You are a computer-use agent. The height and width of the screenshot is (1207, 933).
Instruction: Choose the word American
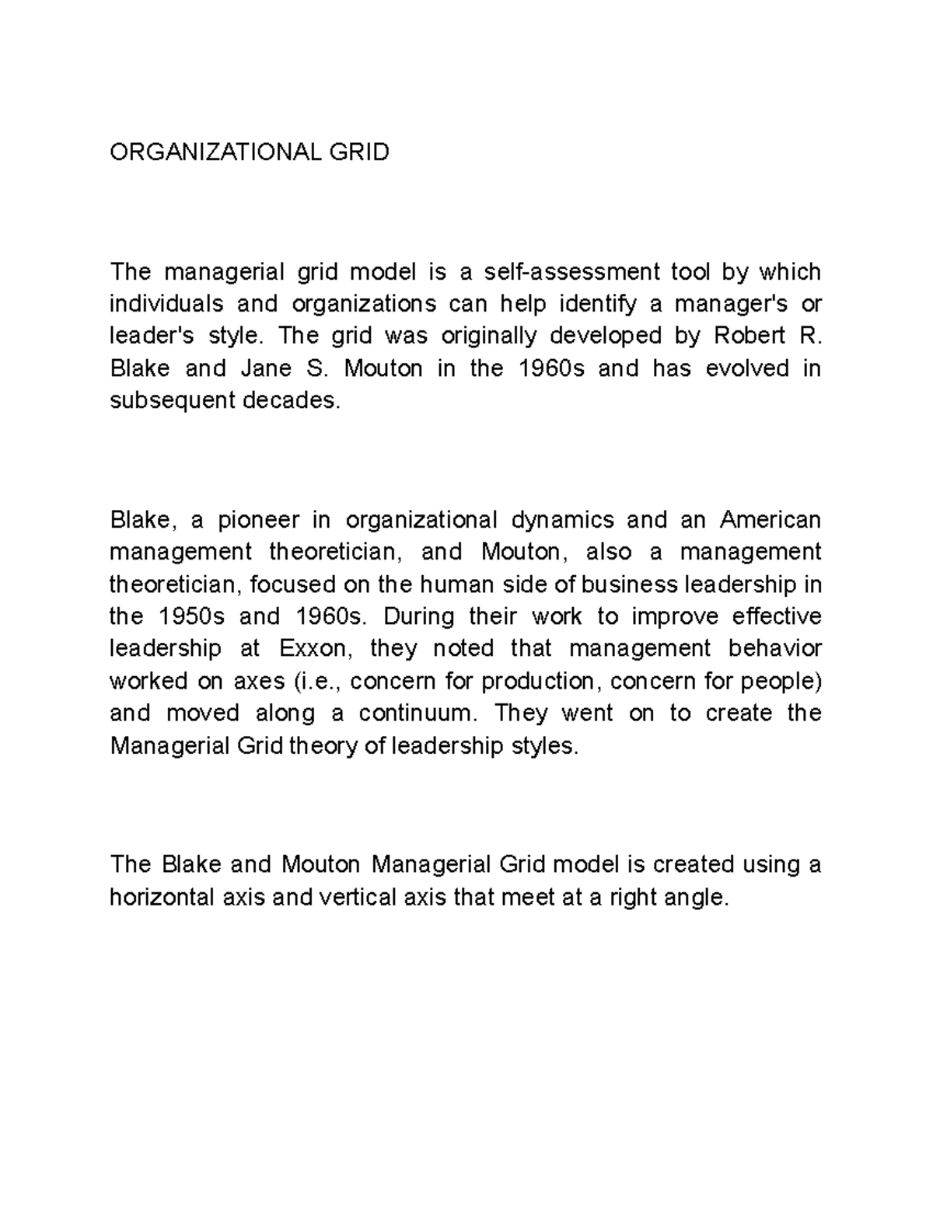click(771, 519)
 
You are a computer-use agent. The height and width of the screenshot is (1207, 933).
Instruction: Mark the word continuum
click(414, 713)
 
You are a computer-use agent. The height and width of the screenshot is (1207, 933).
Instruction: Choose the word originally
click(489, 336)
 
